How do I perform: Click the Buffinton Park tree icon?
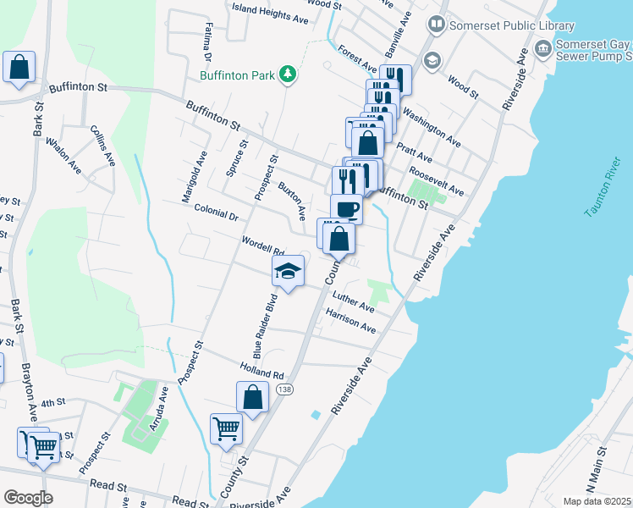(x=288, y=75)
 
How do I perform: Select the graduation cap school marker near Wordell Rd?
(x=288, y=271)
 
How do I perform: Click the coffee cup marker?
(x=346, y=208)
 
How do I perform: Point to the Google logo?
(x=28, y=498)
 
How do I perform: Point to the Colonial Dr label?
(x=216, y=213)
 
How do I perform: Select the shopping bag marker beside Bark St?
(x=19, y=67)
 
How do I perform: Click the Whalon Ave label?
(x=64, y=157)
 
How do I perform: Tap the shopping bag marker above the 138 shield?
(x=252, y=396)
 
